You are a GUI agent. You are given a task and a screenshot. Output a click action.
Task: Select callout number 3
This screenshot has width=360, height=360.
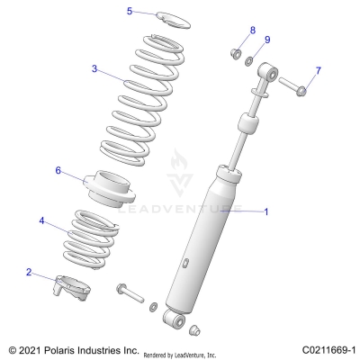[94, 67]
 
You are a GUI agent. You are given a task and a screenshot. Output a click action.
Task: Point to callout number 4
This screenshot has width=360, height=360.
[41, 220]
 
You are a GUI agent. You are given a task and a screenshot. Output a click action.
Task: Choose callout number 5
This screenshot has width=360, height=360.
[130, 11]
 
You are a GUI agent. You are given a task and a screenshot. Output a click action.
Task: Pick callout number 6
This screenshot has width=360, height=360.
[58, 170]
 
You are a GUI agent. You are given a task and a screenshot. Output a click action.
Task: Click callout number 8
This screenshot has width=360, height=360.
[252, 31]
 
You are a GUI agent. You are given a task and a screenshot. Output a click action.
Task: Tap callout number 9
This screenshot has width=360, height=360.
[267, 40]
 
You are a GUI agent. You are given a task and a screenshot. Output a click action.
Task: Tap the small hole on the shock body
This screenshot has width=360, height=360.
[185, 262]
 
